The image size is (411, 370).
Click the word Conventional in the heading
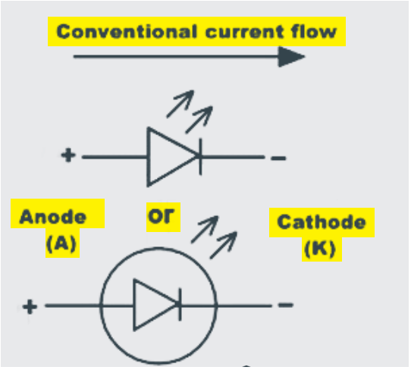[x=127, y=31]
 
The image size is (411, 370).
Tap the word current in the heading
[x=244, y=32]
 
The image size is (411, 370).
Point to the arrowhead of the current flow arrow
[x=291, y=57]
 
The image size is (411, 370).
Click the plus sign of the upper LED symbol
[x=68, y=155]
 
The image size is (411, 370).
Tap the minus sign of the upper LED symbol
[x=278, y=158]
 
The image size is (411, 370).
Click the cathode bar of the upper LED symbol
[x=200, y=157]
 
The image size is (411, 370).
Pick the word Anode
[x=52, y=217]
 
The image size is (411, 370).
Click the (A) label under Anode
[x=61, y=243]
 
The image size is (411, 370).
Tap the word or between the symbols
[x=161, y=216]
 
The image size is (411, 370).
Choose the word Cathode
[x=322, y=222]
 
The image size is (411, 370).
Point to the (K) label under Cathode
[x=320, y=249]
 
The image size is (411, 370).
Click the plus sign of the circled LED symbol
[x=30, y=306]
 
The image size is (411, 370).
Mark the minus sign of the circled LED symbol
[x=286, y=305]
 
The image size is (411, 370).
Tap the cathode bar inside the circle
[x=180, y=305]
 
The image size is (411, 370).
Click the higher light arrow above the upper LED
[x=180, y=104]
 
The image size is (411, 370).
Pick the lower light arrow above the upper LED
[x=199, y=120]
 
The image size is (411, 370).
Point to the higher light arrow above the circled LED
[x=205, y=230]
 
